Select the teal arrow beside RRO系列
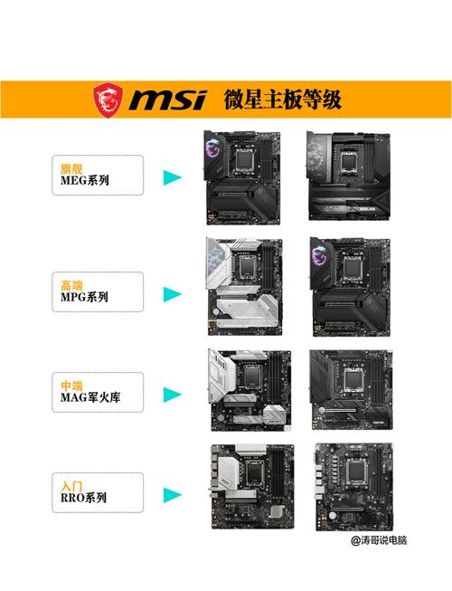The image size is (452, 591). [173, 496]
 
